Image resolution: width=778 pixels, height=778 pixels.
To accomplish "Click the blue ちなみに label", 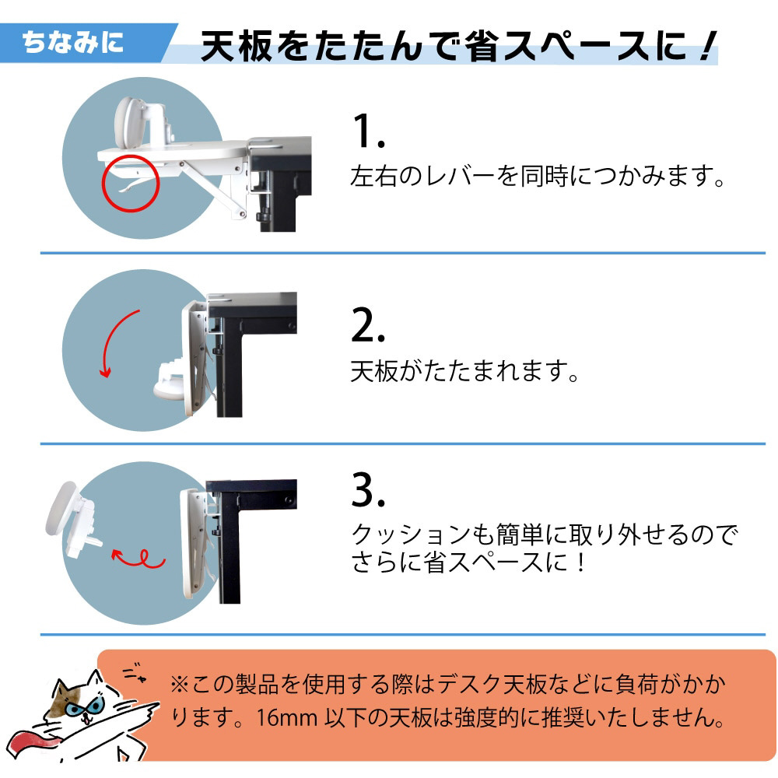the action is click(73, 42).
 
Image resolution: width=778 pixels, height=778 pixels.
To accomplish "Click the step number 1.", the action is click(368, 131).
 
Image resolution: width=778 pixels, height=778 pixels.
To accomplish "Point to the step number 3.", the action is click(368, 489).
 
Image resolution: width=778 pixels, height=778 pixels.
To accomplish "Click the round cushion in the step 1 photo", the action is click(127, 121).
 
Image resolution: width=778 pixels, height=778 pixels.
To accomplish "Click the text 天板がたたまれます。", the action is click(464, 371).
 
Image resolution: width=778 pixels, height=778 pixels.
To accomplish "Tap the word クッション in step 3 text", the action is click(410, 535).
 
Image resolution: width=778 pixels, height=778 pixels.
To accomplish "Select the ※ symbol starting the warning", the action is click(179, 685).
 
